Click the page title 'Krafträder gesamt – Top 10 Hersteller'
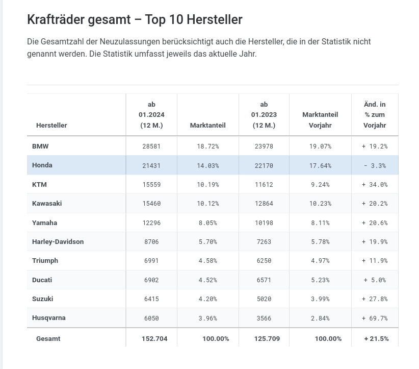(135, 20)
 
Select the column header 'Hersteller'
(51, 125)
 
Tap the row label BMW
(40, 146)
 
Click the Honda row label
(42, 165)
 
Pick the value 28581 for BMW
(151, 146)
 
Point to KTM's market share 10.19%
(207, 184)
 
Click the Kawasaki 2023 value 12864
(264, 203)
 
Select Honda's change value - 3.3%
(375, 165)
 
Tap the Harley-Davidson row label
(58, 241)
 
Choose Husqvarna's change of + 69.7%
(375, 318)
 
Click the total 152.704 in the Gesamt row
(154, 338)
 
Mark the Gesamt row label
(48, 338)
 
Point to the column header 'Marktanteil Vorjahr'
(320, 120)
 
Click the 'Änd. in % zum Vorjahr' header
(375, 115)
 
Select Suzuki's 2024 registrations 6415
(151, 299)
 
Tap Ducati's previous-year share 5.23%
(320, 280)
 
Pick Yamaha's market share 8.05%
(207, 223)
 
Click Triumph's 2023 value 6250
(264, 260)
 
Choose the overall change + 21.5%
(376, 338)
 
